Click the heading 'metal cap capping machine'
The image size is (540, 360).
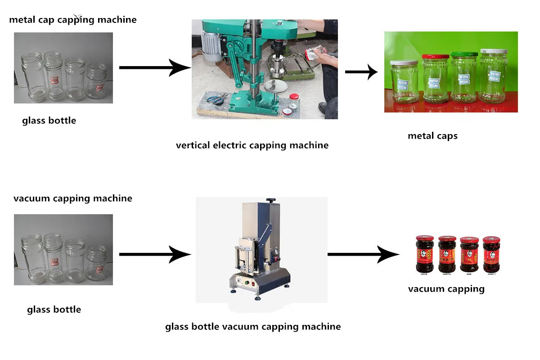pyautogui.click(x=73, y=20)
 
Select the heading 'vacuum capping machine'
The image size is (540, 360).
pyautogui.click(x=73, y=198)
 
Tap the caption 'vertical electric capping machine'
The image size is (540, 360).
pyautogui.click(x=252, y=145)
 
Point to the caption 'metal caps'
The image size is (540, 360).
pyautogui.click(x=432, y=136)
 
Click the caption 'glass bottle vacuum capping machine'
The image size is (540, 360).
pyautogui.click(x=253, y=327)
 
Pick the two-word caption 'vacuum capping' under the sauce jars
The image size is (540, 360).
pyautogui.click(x=446, y=289)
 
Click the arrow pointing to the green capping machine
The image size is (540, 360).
pyautogui.click(x=155, y=67)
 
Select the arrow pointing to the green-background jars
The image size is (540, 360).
pyautogui.click(x=361, y=72)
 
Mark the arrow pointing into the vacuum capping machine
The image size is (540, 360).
pyautogui.click(x=155, y=255)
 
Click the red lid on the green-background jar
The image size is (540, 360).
pyautogui.click(x=435, y=57)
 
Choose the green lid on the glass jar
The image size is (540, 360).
pyautogui.click(x=463, y=54)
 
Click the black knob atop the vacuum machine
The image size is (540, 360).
pyautogui.click(x=270, y=200)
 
